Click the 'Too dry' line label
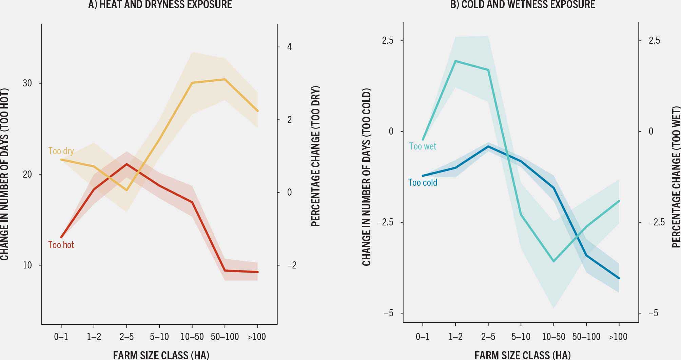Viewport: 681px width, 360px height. click(61, 151)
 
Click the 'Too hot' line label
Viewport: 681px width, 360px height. click(61, 245)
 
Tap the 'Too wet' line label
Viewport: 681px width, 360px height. click(422, 146)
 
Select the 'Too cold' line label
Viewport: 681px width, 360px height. click(422, 183)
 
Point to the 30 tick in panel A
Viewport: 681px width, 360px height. click(27, 83)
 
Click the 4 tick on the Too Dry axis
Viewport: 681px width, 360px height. click(289, 47)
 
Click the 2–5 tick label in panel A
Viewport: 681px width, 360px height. click(127, 337)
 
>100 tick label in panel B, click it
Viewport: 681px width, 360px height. click(618, 337)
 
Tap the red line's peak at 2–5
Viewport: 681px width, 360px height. click(127, 164)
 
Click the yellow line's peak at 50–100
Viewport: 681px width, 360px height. click(225, 79)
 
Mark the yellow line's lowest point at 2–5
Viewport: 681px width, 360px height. click(127, 190)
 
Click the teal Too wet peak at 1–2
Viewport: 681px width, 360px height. click(455, 61)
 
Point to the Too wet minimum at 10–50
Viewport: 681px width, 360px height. click(553, 261)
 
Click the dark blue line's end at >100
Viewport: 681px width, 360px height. click(619, 278)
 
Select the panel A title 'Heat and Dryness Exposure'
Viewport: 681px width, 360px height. click(160, 4)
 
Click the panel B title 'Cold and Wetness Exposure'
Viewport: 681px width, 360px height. click(522, 4)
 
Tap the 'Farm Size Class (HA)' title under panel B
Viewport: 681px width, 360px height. click(522, 355)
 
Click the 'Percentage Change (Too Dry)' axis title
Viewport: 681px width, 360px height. click(315, 156)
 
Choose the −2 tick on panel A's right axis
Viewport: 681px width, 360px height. click(291, 265)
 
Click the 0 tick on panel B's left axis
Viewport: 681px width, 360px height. click(391, 132)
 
